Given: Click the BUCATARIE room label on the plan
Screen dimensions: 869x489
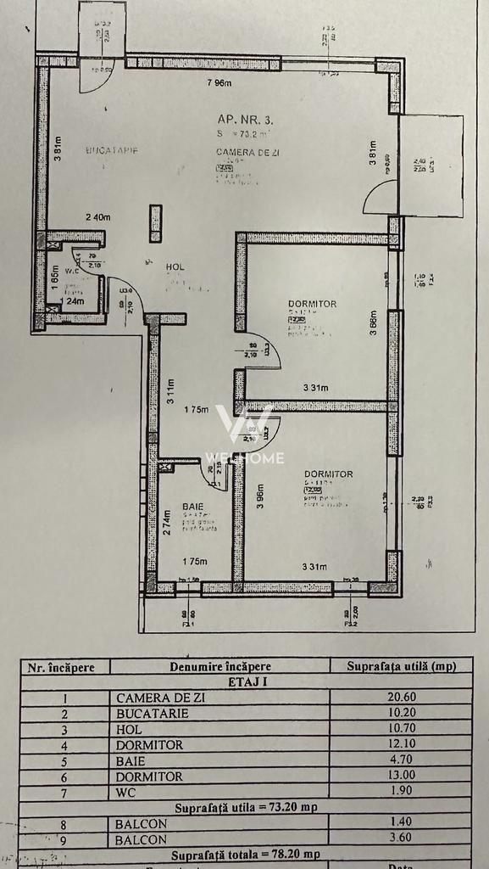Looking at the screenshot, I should point(111,150).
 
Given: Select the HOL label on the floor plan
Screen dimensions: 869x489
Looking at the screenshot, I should point(175,267).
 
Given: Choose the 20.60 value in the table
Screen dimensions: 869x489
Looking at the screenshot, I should point(400,698).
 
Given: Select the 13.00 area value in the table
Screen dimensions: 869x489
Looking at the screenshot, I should point(400,776).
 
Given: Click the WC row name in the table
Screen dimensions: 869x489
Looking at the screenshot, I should point(126,792).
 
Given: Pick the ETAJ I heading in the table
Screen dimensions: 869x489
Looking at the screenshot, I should point(246,681).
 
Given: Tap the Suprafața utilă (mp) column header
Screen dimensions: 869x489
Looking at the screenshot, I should point(400,666).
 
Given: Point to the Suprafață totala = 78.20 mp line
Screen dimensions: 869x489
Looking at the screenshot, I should point(246,855).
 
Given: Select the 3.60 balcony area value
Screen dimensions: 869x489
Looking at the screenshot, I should point(400,839).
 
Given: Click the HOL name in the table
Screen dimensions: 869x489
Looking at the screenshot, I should point(130,729).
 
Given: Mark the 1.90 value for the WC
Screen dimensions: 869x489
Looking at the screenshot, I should point(400,792).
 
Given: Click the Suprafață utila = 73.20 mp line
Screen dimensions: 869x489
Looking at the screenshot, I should point(246,808).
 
